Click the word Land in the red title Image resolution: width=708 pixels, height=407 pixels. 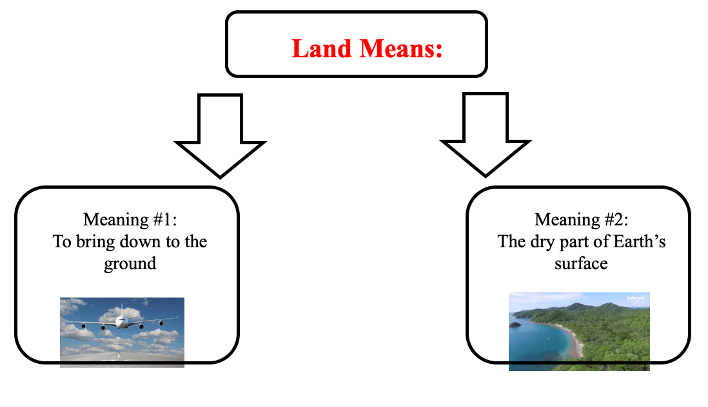point(321,48)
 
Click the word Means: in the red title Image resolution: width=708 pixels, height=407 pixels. point(401,48)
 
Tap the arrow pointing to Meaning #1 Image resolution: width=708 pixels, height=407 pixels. point(220,135)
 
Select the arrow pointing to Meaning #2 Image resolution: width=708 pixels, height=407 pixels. point(486,135)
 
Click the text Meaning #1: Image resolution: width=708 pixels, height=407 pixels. point(130,220)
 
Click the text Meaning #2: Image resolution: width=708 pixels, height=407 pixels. point(581,220)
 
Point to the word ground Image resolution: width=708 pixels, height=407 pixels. point(130,264)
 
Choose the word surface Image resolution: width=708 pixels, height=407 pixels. point(581,263)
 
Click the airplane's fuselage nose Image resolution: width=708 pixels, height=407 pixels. point(121,322)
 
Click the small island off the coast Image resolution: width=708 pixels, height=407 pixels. point(514,325)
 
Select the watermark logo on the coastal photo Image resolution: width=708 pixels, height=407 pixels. point(636,299)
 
